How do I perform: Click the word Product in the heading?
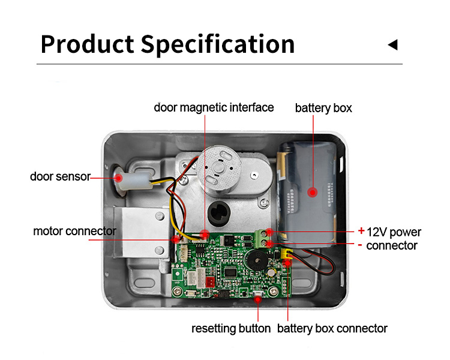86,44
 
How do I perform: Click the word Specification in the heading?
218,44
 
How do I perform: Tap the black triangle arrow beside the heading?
393,44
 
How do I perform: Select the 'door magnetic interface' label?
214,107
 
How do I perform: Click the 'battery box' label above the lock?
323,109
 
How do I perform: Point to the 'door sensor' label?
59,176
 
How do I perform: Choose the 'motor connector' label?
74,231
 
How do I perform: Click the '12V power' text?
394,232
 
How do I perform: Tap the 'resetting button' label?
231,328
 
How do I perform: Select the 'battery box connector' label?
332,328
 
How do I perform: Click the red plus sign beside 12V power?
361,230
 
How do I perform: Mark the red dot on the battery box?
313,192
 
